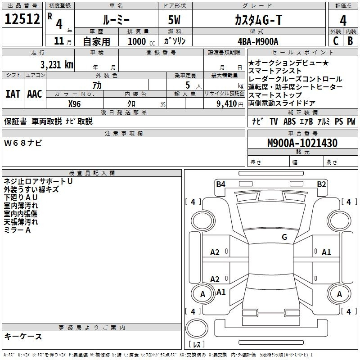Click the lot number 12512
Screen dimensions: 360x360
click(22, 19)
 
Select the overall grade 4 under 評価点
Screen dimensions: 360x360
click(343, 21)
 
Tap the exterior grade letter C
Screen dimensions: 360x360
click(336, 41)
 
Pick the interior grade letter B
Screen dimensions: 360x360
click(350, 41)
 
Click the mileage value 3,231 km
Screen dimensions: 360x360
click(57, 65)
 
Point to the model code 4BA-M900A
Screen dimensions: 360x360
click(258, 41)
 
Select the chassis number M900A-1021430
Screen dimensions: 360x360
click(302, 143)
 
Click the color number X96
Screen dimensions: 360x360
click(74, 104)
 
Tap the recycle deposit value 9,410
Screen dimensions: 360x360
click(227, 104)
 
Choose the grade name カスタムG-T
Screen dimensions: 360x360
click(258, 20)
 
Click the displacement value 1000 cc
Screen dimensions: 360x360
click(141, 41)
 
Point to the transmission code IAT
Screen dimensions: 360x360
click(13, 94)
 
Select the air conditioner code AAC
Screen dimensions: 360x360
click(35, 94)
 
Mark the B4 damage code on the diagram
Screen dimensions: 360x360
click(220, 184)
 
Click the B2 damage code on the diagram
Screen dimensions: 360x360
click(321, 184)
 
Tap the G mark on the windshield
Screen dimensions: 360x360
click(284, 237)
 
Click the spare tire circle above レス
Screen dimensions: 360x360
click(197, 328)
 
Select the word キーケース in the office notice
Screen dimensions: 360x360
click(23, 337)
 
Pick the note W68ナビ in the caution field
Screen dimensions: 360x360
click(23, 143)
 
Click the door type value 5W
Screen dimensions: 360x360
click(174, 20)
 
